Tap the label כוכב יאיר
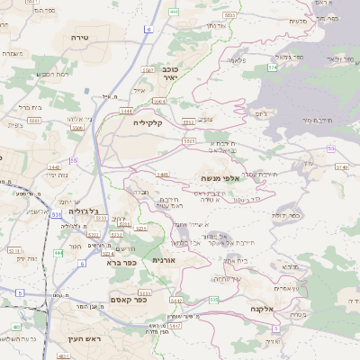pyautogui.click(x=169, y=72)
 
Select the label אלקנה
pyautogui.click(x=270, y=309)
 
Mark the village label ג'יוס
pyautogui.click(x=262, y=113)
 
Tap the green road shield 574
pyautogui.click(x=272, y=67)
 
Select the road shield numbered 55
pyautogui.click(x=74, y=160)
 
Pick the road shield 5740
pyautogui.click(x=340, y=166)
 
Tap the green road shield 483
pyautogui.click(x=64, y=356)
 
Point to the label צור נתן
pyautogui.click(x=214, y=24)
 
